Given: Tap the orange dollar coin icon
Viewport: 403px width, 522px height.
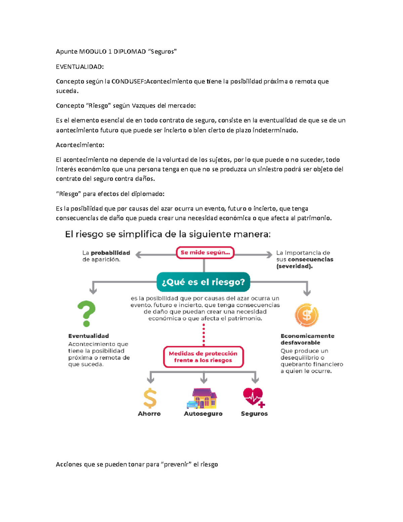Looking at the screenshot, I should tap(306, 315).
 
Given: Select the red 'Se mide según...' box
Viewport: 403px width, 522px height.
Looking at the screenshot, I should tap(205, 252).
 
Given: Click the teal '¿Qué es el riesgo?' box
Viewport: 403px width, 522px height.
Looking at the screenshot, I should tap(203, 282).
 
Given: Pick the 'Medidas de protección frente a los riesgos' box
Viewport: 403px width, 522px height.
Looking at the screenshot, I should tap(203, 357).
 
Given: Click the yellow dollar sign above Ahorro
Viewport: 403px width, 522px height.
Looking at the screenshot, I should tap(150, 398).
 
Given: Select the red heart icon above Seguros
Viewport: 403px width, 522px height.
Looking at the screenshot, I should tap(254, 397).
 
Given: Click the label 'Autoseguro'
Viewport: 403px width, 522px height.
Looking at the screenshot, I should tap(203, 414).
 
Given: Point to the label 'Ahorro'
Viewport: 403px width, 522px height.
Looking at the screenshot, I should tap(149, 414).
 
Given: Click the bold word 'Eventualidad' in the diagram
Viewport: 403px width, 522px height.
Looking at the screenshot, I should tap(88, 336).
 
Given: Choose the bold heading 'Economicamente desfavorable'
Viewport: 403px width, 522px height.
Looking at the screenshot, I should tap(307, 339).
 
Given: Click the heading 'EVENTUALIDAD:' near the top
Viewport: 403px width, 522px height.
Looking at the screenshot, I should tap(80, 67).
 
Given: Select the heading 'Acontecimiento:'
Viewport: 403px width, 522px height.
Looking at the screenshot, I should tap(80, 145).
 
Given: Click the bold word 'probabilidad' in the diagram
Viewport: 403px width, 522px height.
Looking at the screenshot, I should tap(110, 253).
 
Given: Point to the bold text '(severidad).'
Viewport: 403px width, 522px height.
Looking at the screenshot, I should tap(294, 266).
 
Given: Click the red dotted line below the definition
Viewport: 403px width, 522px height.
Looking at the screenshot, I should tap(204, 335).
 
